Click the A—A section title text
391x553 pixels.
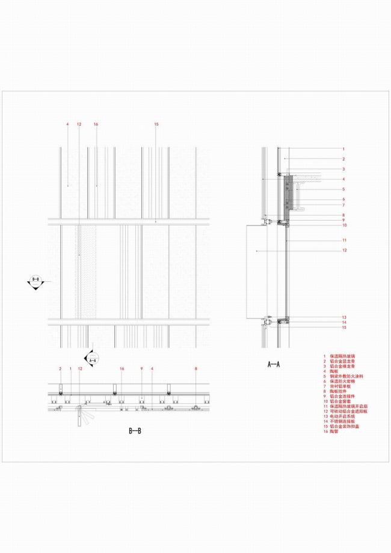[274, 364]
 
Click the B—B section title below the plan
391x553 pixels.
[135, 431]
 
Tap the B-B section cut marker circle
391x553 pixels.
[35, 281]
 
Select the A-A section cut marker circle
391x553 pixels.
[93, 359]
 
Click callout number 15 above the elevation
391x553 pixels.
[156, 124]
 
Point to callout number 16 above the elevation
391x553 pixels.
[96, 124]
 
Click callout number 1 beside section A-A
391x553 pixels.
[343, 148]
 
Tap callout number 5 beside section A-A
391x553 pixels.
[343, 189]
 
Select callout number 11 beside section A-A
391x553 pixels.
[343, 240]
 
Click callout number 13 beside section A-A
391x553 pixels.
[343, 317]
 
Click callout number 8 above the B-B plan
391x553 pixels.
[195, 368]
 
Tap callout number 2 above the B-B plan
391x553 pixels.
[60, 368]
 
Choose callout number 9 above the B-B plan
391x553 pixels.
[141, 368]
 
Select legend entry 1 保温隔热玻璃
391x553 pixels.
[340, 356]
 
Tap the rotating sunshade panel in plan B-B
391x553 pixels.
[79, 417]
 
